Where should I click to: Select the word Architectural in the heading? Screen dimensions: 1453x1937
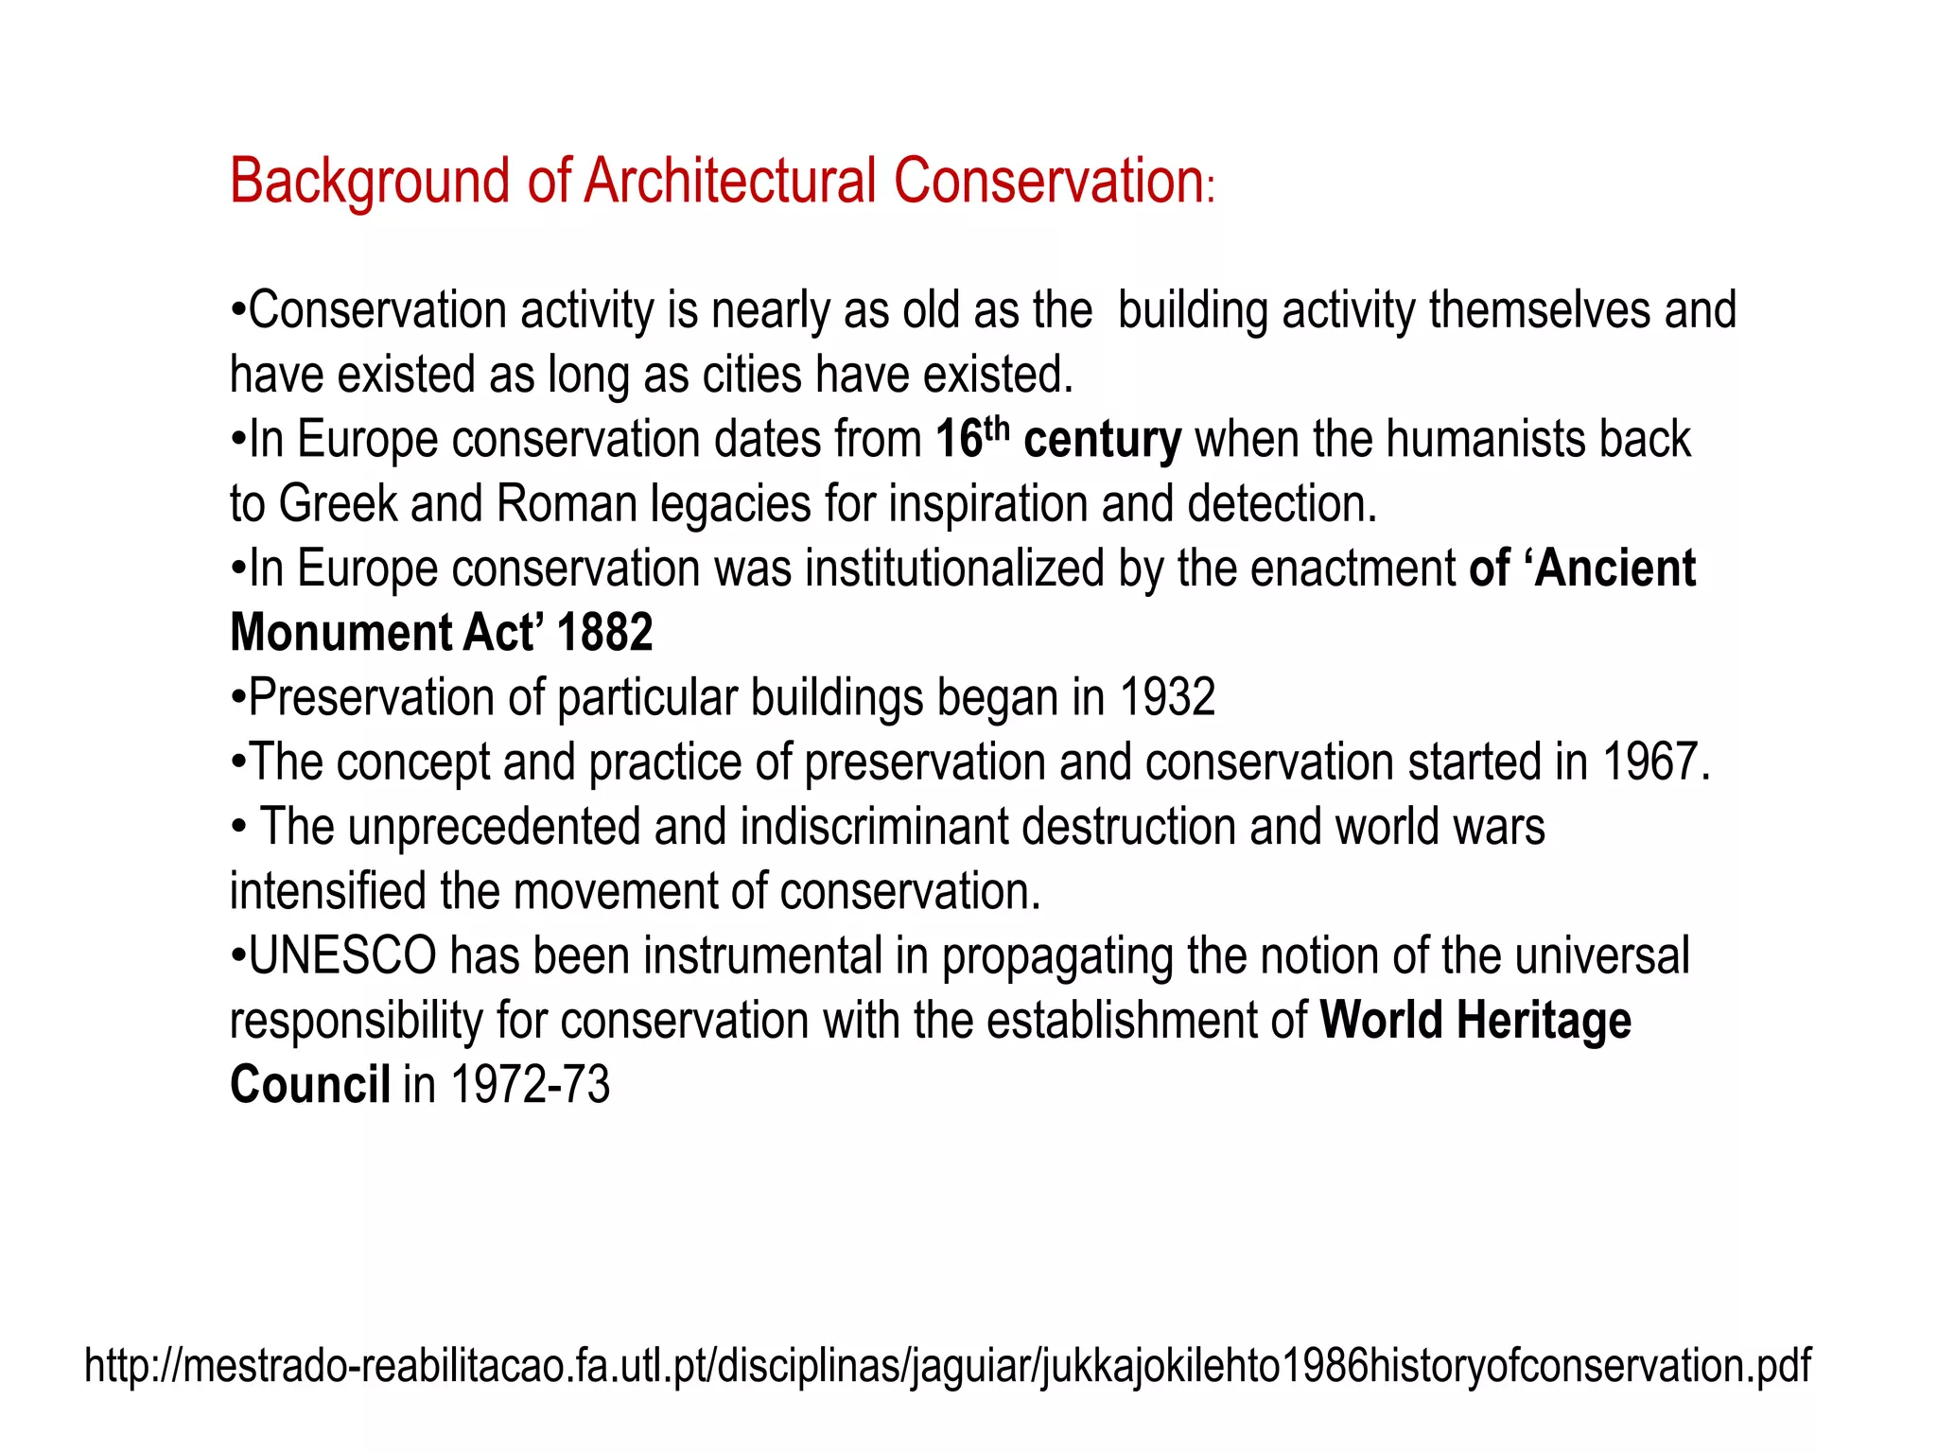tap(731, 181)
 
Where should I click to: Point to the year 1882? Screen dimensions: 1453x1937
tap(604, 633)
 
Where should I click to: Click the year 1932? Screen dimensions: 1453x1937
tap(1167, 698)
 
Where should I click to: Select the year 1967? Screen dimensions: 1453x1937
tap(1656, 762)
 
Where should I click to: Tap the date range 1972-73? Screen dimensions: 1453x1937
tap(530, 1085)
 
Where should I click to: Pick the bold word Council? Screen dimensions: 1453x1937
tap(310, 1085)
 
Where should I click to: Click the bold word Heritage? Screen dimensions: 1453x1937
tap(1544, 1021)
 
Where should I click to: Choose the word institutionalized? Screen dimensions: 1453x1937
tap(955, 569)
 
